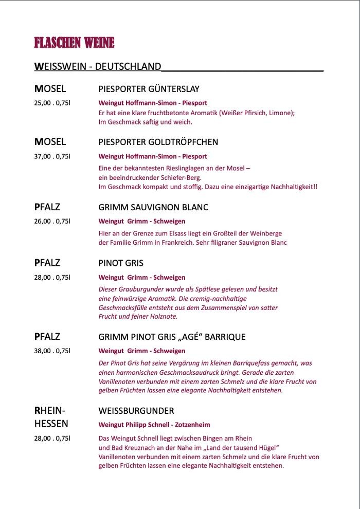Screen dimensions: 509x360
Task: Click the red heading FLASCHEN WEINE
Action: click(x=74, y=43)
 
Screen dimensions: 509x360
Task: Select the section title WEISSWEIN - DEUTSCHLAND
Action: click(x=98, y=67)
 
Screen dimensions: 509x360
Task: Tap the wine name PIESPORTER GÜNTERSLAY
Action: click(x=149, y=89)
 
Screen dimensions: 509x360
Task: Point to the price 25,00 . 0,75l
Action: click(x=52, y=103)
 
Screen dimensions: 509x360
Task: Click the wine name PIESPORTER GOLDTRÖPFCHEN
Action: click(x=158, y=142)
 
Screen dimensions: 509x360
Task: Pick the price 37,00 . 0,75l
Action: click(x=52, y=156)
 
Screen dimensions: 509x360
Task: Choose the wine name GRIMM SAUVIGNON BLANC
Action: click(x=153, y=208)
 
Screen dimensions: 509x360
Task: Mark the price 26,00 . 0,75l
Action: click(x=52, y=222)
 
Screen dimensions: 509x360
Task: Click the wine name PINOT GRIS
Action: click(x=121, y=263)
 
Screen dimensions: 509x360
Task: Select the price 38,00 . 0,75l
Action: click(x=52, y=351)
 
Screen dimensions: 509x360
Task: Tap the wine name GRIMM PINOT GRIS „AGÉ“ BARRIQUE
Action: click(x=172, y=337)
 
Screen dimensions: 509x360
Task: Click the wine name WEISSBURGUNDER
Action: click(x=136, y=411)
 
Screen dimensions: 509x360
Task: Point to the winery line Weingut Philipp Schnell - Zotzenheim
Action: click(x=154, y=425)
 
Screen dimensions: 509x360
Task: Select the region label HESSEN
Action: click(x=51, y=425)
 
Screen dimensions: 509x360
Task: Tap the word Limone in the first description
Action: click(x=280, y=113)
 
